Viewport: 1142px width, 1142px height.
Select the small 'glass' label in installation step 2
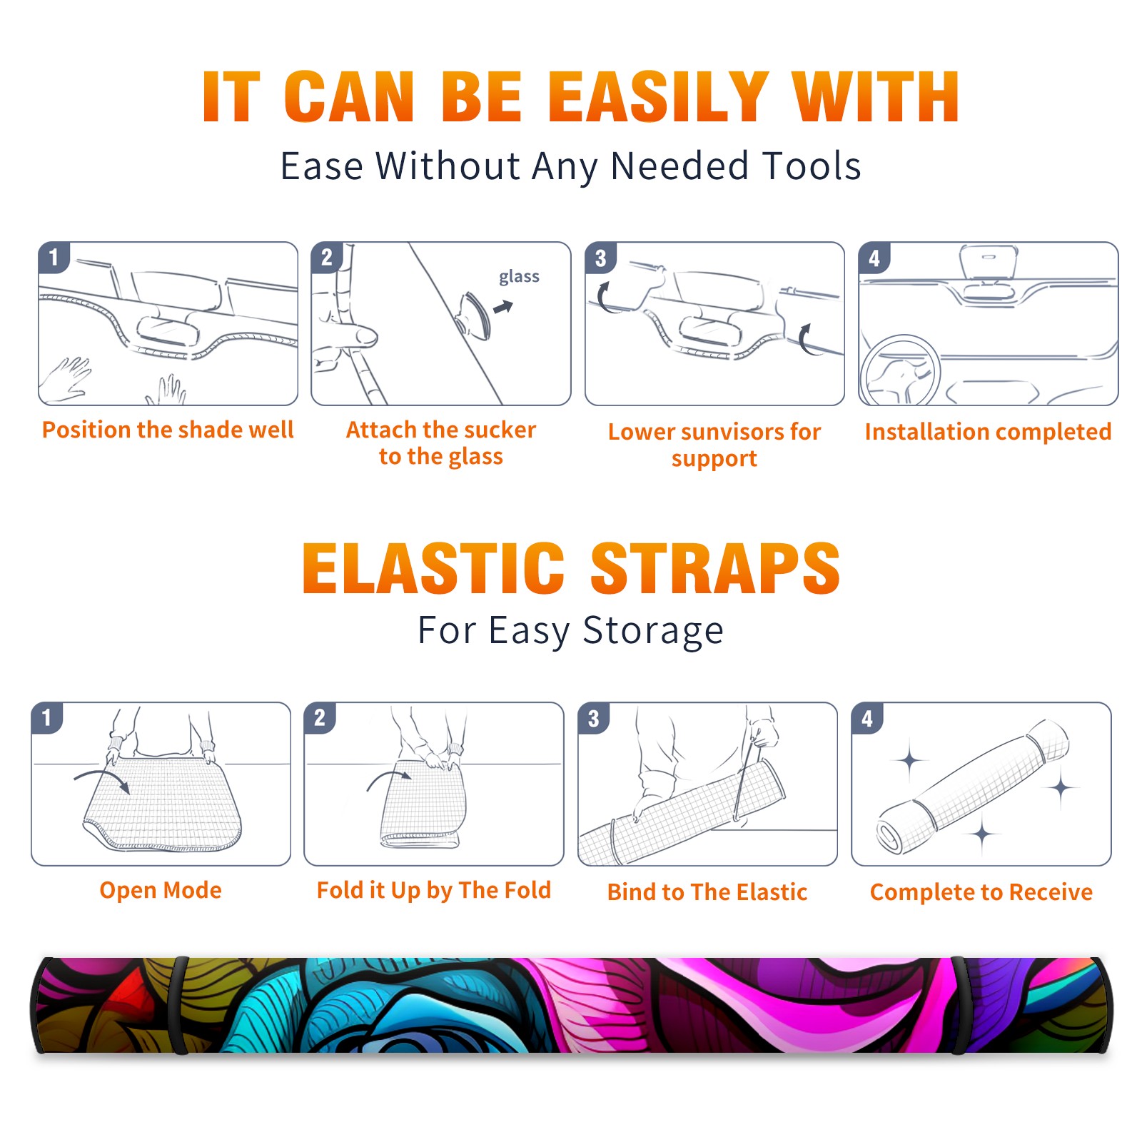point(519,277)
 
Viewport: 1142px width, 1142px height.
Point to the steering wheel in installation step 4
point(899,371)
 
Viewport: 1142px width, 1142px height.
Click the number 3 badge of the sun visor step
point(600,258)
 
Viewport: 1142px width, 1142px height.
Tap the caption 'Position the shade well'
point(168,430)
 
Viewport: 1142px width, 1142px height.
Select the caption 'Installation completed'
point(988,432)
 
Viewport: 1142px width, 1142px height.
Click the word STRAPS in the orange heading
point(715,568)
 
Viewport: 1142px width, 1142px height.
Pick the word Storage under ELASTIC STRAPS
point(653,632)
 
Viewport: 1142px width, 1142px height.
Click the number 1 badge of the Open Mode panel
point(47,718)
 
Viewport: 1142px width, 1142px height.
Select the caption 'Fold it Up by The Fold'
point(434,891)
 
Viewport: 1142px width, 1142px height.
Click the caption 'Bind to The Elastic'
point(707,892)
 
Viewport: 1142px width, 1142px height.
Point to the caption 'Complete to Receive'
point(981,892)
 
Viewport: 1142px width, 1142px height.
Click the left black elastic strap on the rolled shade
point(180,1005)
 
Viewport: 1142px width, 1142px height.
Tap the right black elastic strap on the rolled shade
point(959,1005)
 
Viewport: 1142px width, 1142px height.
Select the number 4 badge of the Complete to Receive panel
point(867,718)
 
